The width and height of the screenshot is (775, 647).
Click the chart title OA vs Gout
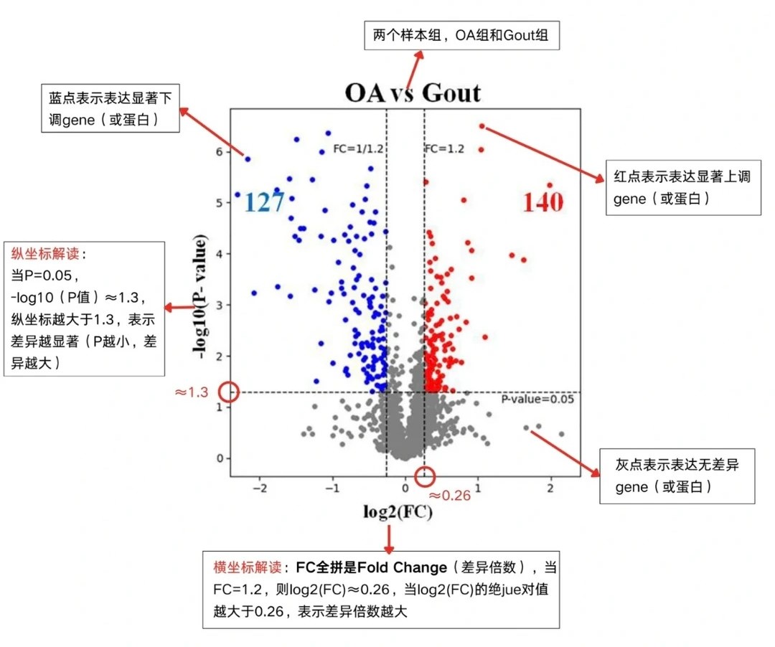click(413, 93)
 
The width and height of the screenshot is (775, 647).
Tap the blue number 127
click(264, 202)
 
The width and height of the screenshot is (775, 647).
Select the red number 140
click(542, 202)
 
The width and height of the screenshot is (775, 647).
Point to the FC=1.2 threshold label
click(445, 149)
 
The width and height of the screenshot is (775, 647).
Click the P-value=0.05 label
click(537, 400)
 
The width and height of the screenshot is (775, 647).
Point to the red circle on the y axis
click(229, 392)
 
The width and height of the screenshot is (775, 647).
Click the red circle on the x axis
click(425, 475)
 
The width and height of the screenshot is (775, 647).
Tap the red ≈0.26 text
click(450, 495)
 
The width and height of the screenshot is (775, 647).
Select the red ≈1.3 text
click(192, 392)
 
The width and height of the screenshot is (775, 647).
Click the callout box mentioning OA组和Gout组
click(462, 34)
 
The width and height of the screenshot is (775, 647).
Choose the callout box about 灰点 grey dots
click(677, 476)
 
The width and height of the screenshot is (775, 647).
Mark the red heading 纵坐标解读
click(44, 255)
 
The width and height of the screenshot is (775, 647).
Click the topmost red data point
click(482, 126)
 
